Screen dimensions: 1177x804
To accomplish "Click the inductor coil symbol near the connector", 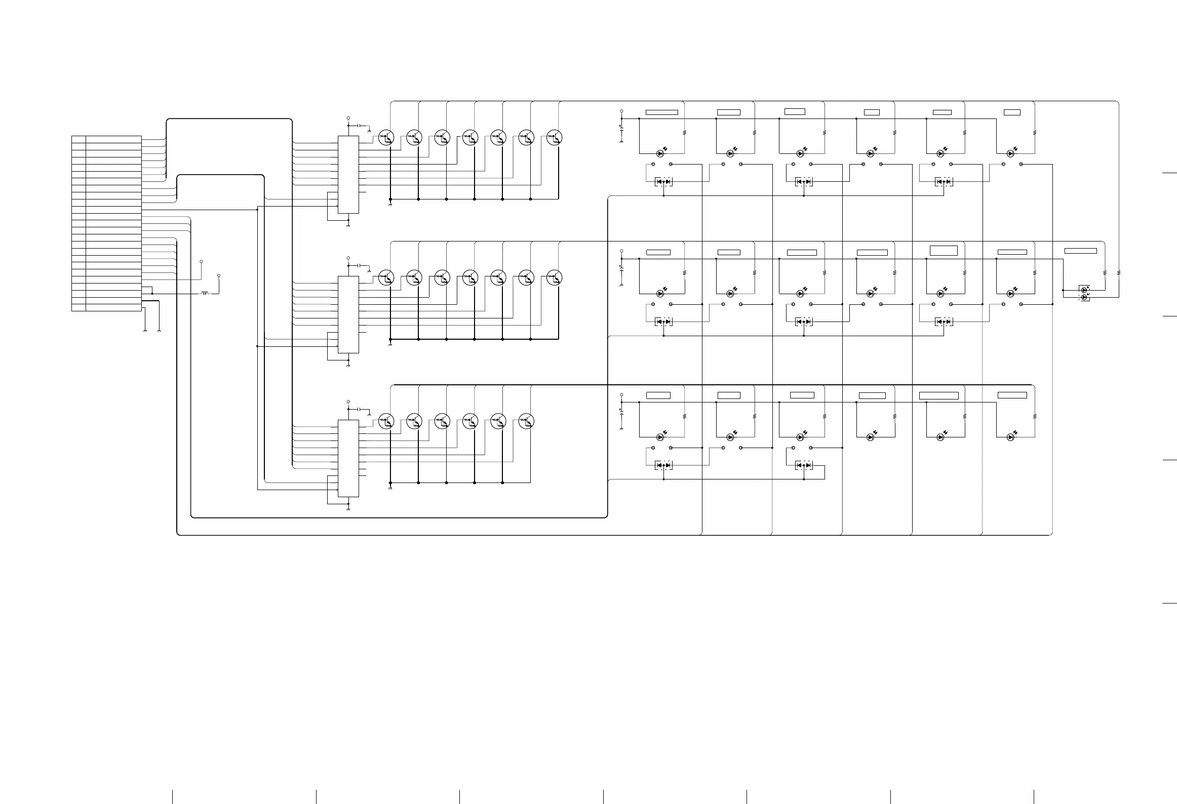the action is point(205,293).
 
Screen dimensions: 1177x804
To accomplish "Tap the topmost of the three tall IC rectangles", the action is point(348,175).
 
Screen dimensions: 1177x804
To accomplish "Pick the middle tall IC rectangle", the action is point(348,314).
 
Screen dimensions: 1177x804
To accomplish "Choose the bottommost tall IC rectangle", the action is point(348,458).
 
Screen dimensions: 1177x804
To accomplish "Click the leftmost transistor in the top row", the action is point(386,138).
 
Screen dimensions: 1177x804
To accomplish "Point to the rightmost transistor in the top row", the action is point(555,138).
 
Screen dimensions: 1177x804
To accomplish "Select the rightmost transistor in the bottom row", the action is point(526,421).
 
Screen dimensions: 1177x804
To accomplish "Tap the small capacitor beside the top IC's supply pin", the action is point(359,125).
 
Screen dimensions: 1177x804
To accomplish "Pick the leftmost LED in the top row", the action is point(660,153).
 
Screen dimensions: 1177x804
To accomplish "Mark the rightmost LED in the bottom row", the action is point(1010,437).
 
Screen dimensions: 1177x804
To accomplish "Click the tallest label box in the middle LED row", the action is point(944,250).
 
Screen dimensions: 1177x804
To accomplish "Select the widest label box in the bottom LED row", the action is point(938,396).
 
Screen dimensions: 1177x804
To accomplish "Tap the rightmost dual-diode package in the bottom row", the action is point(804,465).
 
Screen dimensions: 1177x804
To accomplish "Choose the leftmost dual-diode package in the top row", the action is point(663,181).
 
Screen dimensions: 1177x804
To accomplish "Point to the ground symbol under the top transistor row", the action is point(390,205).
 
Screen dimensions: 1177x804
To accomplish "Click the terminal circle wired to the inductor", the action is point(219,275).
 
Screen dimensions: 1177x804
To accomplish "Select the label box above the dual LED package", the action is point(1080,251).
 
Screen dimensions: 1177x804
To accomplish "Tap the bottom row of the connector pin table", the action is point(106,307).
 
